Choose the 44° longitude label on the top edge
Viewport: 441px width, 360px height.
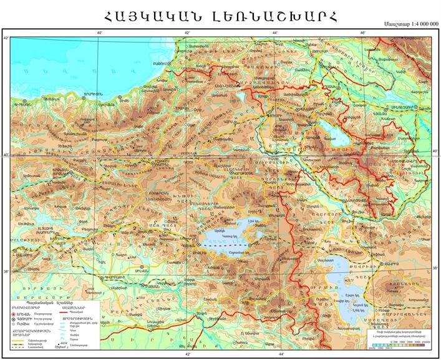click(275, 32)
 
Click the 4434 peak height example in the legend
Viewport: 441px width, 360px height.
click(65, 344)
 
